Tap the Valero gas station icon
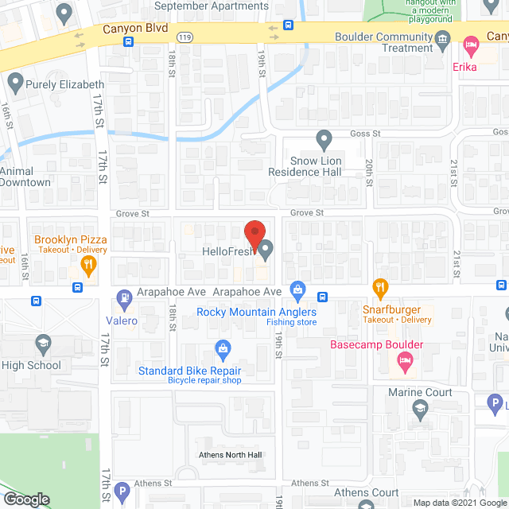124,300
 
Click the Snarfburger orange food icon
381,287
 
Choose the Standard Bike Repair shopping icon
223,349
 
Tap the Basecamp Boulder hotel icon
404,363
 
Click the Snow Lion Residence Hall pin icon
324,140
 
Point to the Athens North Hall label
230,455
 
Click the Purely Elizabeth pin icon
14,82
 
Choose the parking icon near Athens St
121,492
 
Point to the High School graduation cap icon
45,345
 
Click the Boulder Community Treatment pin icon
445,37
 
